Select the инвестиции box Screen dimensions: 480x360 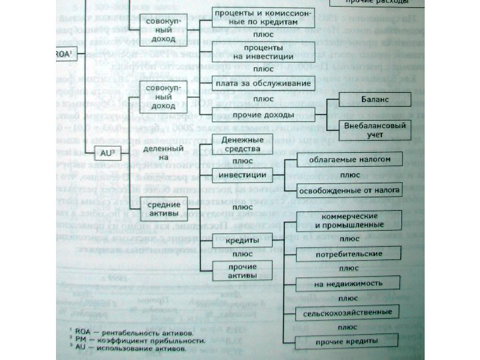pos(243,175)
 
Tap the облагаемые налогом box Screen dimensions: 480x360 pos(350,159)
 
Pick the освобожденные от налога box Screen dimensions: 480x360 pos(350,191)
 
